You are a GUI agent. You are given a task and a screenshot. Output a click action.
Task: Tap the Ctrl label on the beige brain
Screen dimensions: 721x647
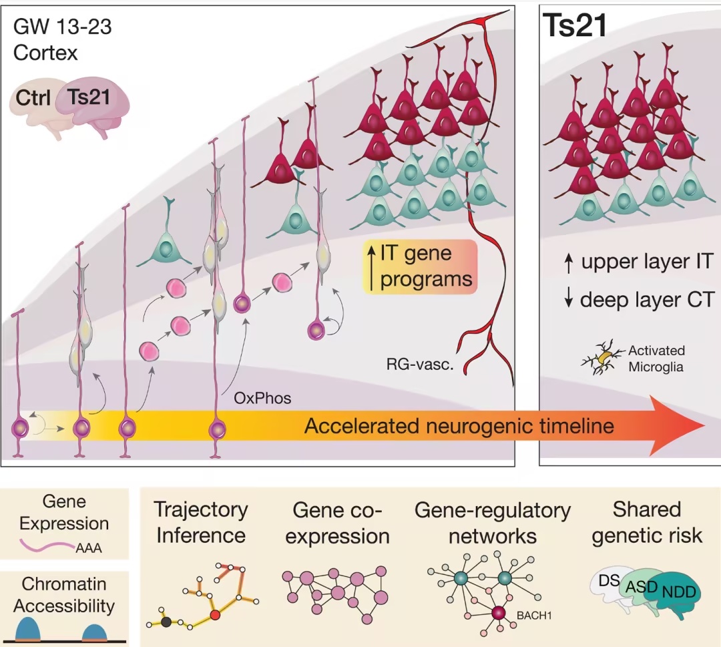[33, 97]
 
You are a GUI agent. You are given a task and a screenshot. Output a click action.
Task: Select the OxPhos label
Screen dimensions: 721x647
[262, 398]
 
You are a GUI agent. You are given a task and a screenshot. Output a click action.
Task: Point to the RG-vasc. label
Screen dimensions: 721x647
[420, 365]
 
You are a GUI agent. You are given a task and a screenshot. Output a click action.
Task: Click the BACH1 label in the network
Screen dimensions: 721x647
[534, 615]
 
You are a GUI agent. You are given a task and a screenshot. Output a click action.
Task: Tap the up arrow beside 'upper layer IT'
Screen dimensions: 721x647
[569, 263]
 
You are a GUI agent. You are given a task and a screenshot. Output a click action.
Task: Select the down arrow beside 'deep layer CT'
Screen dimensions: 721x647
[569, 299]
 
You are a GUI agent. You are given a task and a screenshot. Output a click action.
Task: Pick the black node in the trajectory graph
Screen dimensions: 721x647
[166, 622]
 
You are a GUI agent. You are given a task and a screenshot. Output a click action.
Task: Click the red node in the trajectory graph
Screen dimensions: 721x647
[215, 615]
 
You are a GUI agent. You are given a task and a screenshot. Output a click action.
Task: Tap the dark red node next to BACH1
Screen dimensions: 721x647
[499, 613]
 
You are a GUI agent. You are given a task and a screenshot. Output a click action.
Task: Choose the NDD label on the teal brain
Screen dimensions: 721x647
[679, 592]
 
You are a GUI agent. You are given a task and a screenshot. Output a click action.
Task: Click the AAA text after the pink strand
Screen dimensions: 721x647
[89, 548]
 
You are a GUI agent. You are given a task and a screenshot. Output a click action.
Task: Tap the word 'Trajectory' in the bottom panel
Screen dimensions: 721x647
[201, 510]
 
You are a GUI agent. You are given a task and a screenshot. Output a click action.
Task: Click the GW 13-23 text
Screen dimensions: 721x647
[63, 27]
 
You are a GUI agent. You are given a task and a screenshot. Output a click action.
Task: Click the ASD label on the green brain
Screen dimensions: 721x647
[642, 587]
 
